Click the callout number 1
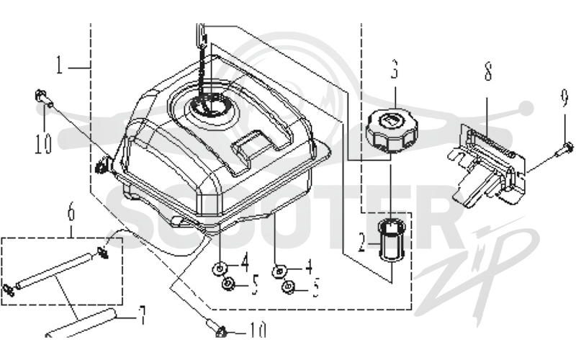click(59, 65)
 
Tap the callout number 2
click(362, 243)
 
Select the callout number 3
click(394, 69)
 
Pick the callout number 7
click(141, 315)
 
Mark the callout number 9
click(565, 98)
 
